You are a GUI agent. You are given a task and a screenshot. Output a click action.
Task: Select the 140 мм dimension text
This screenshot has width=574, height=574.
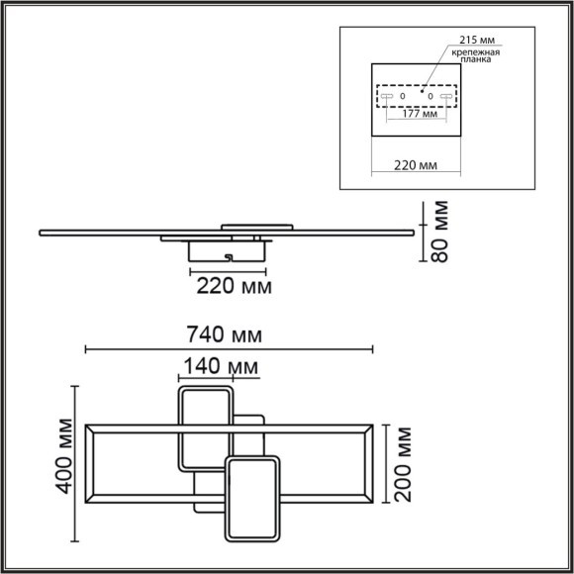[x=218, y=367]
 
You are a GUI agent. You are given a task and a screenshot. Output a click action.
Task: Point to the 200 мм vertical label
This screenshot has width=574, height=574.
[x=401, y=463]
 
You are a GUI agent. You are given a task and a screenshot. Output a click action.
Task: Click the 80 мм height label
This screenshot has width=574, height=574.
[x=440, y=232]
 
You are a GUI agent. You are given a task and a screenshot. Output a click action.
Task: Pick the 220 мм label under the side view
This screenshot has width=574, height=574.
[x=230, y=286]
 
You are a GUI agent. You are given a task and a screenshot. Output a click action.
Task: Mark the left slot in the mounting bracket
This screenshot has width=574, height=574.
[x=386, y=96]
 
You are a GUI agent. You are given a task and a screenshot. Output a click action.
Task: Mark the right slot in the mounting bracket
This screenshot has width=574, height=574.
[x=447, y=96]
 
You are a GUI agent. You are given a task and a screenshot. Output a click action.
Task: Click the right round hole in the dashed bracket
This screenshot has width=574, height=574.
[x=431, y=96]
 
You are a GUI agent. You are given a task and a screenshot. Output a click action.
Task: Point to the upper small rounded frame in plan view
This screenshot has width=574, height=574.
[x=205, y=430]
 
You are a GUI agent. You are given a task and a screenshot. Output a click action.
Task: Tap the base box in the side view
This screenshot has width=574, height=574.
[x=229, y=253]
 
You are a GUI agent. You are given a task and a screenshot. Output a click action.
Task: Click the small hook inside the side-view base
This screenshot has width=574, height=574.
[x=230, y=257]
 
